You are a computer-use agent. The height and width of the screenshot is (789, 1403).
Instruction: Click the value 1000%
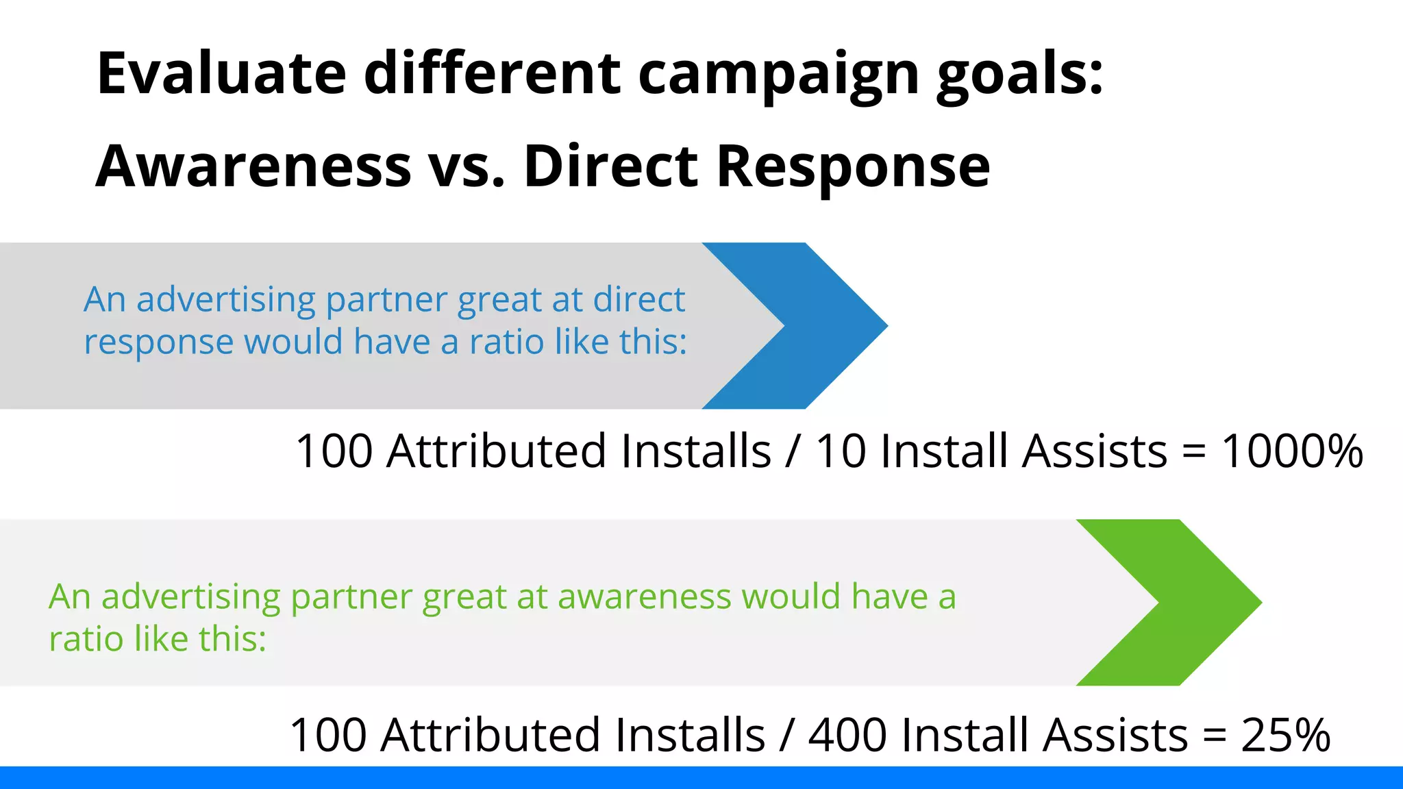point(1292,452)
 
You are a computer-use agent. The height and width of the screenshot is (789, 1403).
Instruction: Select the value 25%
point(1285,736)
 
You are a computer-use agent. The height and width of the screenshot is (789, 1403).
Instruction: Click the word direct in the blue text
point(638,299)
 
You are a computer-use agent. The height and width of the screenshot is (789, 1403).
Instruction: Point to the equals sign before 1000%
point(1193,453)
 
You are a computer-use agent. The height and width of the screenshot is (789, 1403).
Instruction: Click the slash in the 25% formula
point(786,736)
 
